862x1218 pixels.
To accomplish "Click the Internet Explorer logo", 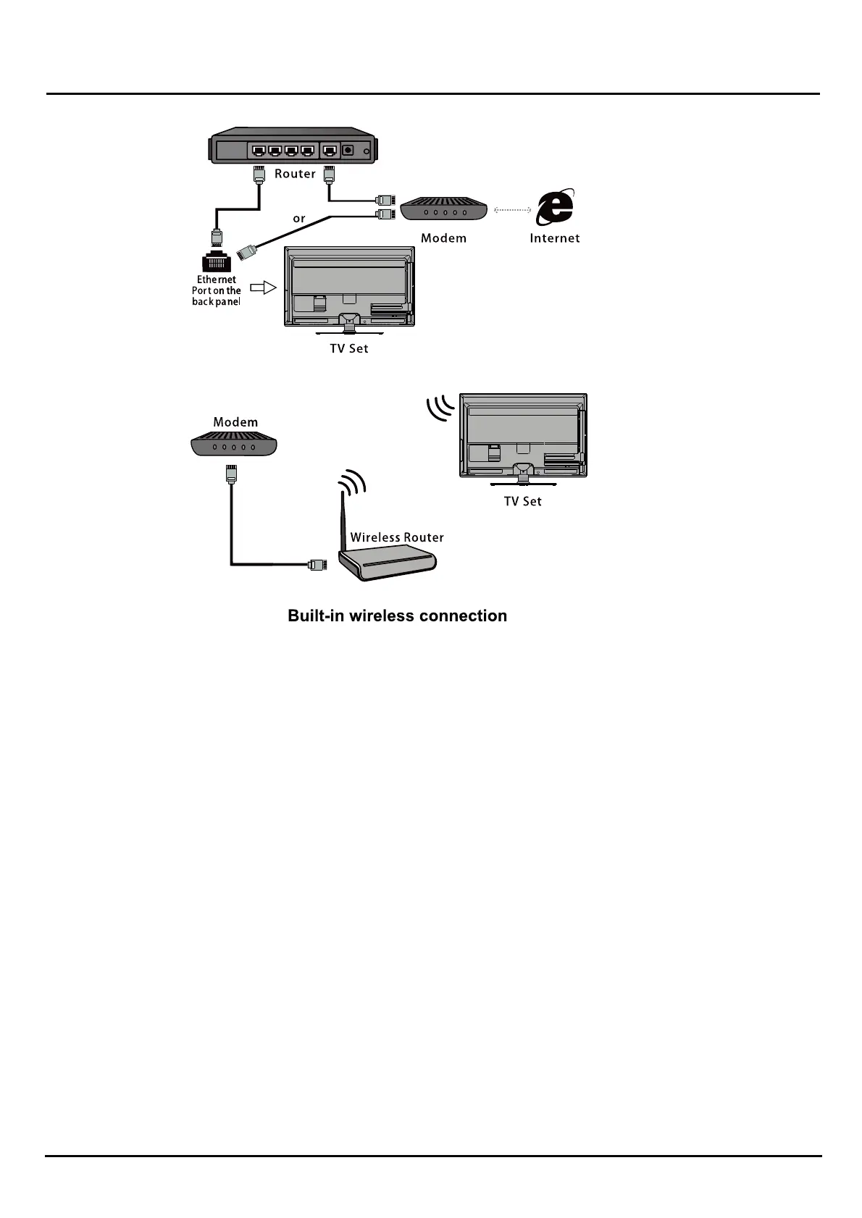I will pyautogui.click(x=555, y=208).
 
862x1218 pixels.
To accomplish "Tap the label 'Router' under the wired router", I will pyautogui.click(x=295, y=174).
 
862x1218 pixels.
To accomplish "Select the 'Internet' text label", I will pyautogui.click(x=555, y=238).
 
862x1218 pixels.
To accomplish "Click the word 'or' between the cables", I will pyautogui.click(x=299, y=219).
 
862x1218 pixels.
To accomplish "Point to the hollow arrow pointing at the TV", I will pyautogui.click(x=263, y=287).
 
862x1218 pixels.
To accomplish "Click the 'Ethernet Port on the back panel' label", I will pyautogui.click(x=217, y=290).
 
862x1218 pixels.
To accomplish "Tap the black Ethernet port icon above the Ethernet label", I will pyautogui.click(x=217, y=262).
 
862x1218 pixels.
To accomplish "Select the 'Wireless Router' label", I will pyautogui.click(x=397, y=537).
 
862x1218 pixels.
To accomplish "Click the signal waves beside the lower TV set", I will pyautogui.click(x=440, y=408).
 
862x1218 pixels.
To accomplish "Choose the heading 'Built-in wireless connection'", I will pyautogui.click(x=397, y=616).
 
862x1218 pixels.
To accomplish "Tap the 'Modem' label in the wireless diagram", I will pyautogui.click(x=235, y=422).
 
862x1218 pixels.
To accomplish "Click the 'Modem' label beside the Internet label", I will pyautogui.click(x=443, y=238).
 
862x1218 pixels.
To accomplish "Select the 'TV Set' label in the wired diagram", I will pyautogui.click(x=349, y=348).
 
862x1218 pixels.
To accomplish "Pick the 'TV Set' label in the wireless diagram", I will pyautogui.click(x=522, y=501).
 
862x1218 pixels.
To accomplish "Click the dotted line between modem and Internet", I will pyautogui.click(x=513, y=210).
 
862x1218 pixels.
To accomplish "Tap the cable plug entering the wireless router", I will pyautogui.click(x=317, y=564).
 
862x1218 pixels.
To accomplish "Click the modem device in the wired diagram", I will pyautogui.click(x=443, y=209).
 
